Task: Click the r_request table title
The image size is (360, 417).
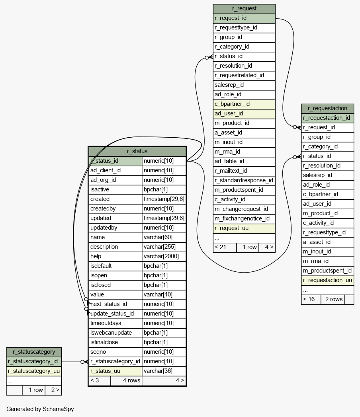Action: [x=244, y=8]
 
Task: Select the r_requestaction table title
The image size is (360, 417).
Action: [x=327, y=108]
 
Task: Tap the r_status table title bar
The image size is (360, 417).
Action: [x=137, y=151]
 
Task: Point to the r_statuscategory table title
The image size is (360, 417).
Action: [x=34, y=352]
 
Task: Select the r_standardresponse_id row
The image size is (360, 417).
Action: [x=244, y=180]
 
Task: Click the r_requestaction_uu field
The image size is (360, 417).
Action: [x=327, y=280]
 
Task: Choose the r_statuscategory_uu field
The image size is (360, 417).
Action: [x=34, y=371]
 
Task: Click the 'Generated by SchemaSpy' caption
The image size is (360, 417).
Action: [x=40, y=409]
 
